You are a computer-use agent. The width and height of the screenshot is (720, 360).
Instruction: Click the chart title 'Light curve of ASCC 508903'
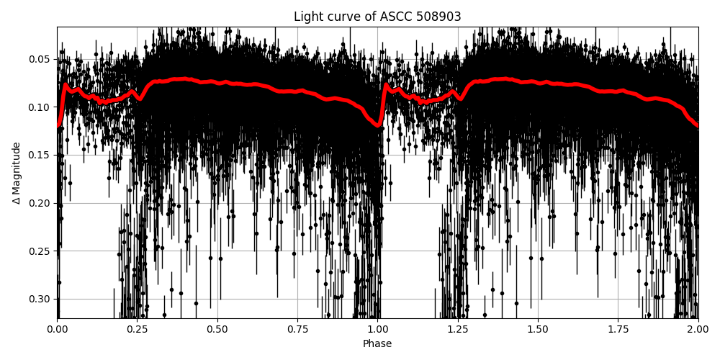(377, 17)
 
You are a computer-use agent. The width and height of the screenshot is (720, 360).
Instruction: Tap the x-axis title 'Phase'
(377, 344)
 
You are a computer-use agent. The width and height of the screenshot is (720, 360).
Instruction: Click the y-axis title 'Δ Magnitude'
(17, 173)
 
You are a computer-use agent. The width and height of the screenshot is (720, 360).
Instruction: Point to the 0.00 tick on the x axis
(58, 329)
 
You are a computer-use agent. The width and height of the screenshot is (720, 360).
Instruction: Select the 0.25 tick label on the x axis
(138, 329)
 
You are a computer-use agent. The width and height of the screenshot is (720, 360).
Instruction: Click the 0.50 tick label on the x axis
(217, 329)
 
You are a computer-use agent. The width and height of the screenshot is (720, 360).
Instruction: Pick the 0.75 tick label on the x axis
(297, 329)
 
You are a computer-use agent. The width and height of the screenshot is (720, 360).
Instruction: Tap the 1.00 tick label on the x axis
(378, 329)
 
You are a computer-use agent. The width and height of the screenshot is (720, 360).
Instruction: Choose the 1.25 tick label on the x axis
(458, 329)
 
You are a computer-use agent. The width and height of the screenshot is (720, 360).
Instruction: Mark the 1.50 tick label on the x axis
(538, 329)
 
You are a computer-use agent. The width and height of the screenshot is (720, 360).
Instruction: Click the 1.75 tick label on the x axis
(618, 329)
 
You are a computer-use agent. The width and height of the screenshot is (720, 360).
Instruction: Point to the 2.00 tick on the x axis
(698, 329)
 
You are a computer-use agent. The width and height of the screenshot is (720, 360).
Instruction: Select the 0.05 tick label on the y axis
(40, 59)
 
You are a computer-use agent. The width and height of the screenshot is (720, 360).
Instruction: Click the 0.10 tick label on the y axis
(40, 107)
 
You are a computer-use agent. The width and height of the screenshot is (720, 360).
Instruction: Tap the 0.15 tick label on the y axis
(40, 155)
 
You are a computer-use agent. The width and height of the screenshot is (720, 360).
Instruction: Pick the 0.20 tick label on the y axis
(40, 203)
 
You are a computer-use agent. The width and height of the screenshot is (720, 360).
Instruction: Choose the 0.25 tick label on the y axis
(40, 251)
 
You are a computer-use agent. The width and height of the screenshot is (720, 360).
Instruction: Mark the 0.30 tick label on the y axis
(40, 299)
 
